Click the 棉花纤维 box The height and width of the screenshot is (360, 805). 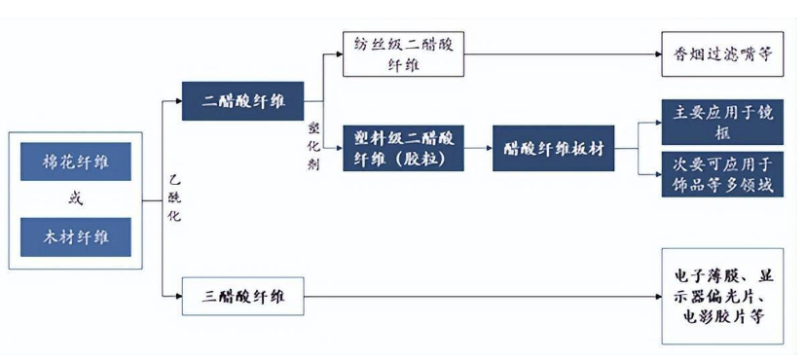coord(75,162)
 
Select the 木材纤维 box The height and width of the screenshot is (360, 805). coord(75,237)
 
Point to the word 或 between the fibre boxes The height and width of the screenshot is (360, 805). coord(75,199)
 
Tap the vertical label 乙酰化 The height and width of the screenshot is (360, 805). coord(173,199)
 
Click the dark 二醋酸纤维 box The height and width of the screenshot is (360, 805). coord(241,100)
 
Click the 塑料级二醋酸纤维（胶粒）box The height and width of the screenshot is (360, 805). coord(401,148)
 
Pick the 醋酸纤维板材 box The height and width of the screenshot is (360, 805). coord(552,148)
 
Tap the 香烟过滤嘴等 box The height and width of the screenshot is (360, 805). coord(722,54)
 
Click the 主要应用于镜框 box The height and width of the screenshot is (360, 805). coord(722,121)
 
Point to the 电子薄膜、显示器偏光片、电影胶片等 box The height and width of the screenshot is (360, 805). coord(722,295)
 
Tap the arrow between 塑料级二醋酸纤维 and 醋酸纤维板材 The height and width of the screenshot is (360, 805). coord(476,148)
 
